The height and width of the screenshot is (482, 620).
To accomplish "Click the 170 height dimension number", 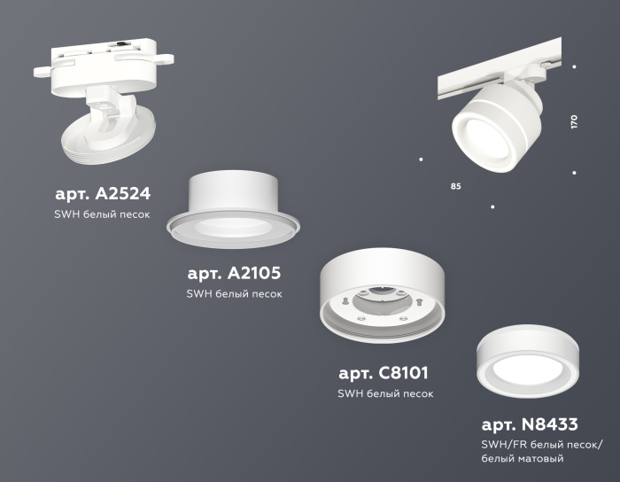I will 574,122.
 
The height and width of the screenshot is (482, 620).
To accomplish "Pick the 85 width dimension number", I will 455,187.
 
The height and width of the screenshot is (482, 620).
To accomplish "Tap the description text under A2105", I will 235,294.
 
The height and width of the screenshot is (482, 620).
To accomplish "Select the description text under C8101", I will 385,393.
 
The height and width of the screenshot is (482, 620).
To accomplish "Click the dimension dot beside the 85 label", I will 421,159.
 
